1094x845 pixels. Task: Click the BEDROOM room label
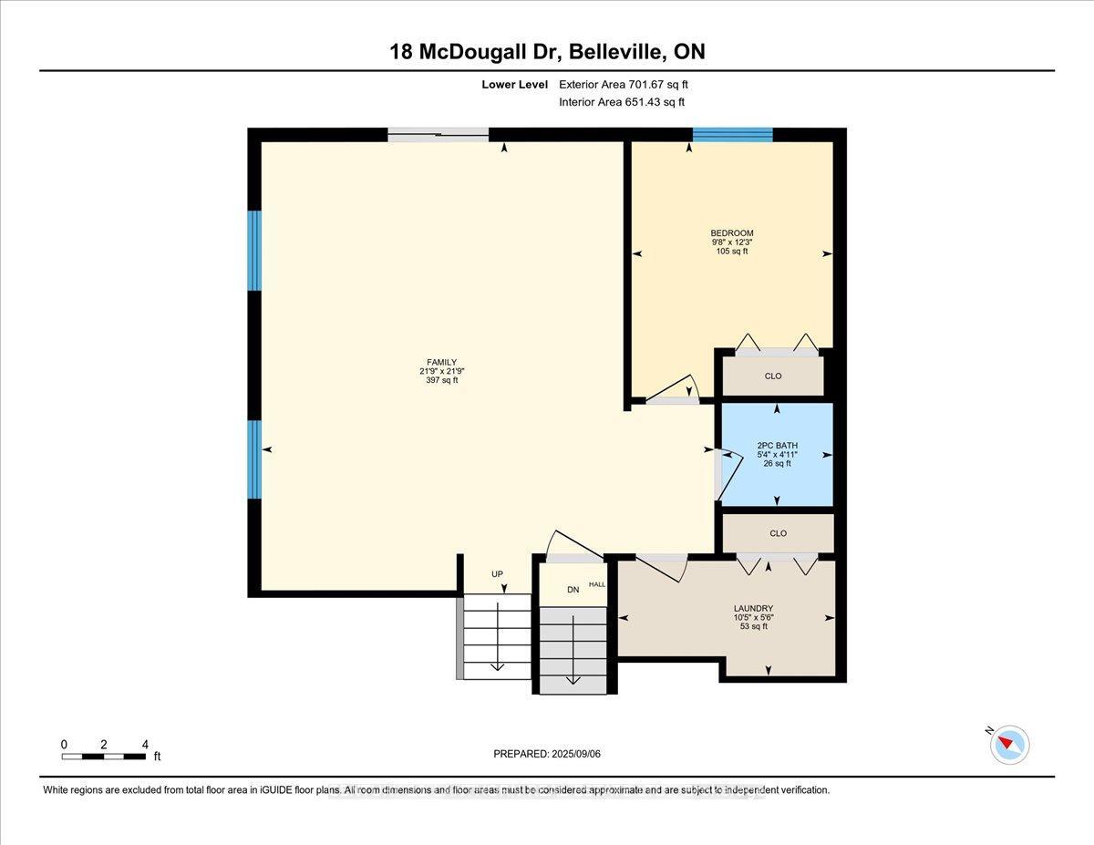(732, 233)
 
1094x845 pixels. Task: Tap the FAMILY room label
(442, 362)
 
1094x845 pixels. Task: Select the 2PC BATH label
(777, 446)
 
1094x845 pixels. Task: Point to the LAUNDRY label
(754, 608)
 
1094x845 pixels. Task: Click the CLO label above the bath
(775, 376)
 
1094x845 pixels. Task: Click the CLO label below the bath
(777, 533)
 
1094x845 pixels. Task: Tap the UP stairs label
(497, 574)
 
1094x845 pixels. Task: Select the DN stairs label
(573, 590)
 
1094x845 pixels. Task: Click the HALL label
(596, 584)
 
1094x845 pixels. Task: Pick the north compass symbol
(1009, 744)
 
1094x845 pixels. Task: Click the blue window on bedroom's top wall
(732, 135)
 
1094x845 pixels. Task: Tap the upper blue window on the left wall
(255, 250)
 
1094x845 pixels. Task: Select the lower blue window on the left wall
(255, 459)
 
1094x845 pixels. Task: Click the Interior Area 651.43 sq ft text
(621, 102)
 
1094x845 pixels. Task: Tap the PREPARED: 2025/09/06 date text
(546, 754)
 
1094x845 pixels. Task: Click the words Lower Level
(514, 85)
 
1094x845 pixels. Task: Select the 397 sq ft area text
(442, 380)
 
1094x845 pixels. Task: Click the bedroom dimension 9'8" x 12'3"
(732, 242)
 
